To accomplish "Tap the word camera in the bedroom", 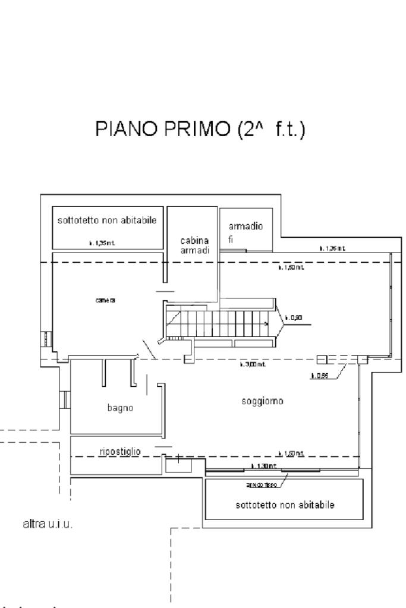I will pos(105,300).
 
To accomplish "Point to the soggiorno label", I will pos(262,401).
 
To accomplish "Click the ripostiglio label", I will pos(120,452).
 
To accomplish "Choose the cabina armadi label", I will pos(195,245).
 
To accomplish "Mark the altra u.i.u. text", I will pos(45,525).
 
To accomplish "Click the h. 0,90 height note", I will pos(294,317).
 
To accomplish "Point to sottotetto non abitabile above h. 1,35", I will pos(107,220).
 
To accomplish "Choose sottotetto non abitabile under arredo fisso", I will pos(282,505).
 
